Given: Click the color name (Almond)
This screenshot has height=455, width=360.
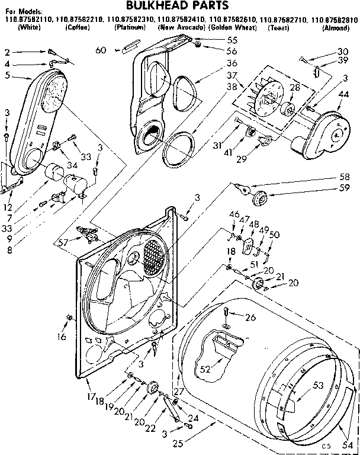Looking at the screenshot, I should click(x=340, y=28).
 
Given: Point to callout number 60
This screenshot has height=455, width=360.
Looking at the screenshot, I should click(x=101, y=50).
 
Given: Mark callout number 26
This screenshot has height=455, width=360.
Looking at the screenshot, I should click(x=250, y=318).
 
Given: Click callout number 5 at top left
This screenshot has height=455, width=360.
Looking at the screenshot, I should click(x=7, y=75).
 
